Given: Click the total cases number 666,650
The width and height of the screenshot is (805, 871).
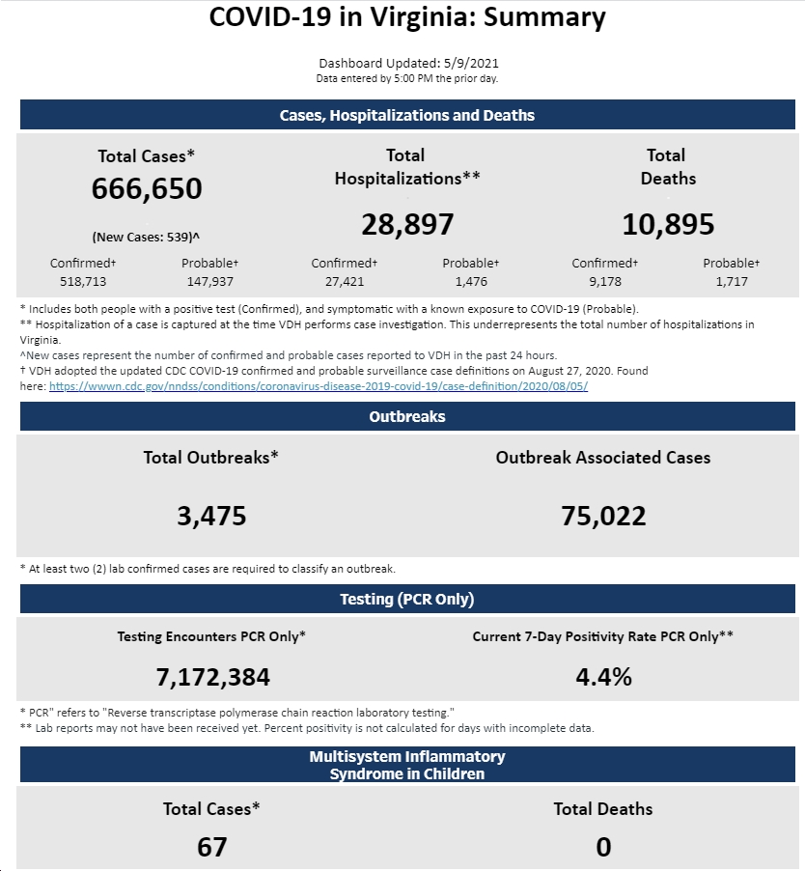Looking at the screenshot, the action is [x=147, y=189].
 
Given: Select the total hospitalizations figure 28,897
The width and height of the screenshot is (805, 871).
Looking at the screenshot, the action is [x=407, y=224].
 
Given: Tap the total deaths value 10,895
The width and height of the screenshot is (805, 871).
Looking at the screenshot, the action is [x=668, y=224].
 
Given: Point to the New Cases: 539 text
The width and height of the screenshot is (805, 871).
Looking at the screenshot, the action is [x=146, y=238].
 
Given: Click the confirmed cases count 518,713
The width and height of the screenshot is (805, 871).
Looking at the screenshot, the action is [x=83, y=282].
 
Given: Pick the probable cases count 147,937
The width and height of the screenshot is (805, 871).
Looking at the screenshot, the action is [x=209, y=282].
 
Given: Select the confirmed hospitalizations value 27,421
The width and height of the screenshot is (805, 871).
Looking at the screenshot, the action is [x=345, y=282].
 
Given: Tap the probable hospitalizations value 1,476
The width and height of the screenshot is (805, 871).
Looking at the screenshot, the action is [x=471, y=282].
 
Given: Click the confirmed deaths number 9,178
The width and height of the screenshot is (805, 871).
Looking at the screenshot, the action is [x=605, y=282].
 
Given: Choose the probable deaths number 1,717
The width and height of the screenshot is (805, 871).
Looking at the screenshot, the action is [x=732, y=282].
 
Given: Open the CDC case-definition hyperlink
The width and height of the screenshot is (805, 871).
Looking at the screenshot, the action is [x=319, y=386].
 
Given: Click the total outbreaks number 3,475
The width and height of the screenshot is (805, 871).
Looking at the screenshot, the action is [x=211, y=516].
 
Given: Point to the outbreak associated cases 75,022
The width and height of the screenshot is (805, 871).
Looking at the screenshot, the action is [x=603, y=516].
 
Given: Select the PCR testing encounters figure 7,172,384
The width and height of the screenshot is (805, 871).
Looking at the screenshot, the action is [x=212, y=677].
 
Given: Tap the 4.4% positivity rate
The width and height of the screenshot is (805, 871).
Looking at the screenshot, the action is [x=603, y=677].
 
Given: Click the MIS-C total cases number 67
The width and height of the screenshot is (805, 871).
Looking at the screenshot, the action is [x=211, y=847].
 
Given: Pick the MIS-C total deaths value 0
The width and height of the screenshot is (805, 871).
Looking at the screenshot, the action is [x=603, y=847].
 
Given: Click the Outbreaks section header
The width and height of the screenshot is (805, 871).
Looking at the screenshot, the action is [x=407, y=416].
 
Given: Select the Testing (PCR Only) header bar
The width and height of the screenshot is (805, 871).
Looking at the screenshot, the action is [x=407, y=599].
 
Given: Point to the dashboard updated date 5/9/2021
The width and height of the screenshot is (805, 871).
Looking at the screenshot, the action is [x=471, y=64].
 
